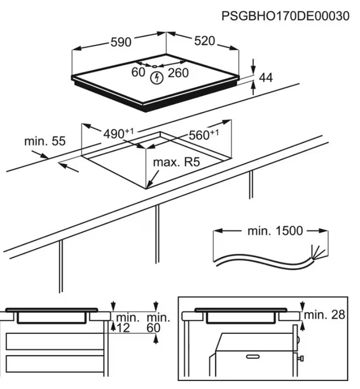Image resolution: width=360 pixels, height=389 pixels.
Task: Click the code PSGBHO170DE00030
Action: [286, 16]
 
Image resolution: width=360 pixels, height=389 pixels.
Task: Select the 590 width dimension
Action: [120, 42]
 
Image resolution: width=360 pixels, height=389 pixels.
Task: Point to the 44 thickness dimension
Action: [266, 78]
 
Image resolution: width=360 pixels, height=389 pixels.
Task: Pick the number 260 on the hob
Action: [178, 73]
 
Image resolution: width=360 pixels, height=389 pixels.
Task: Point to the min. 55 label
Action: [45, 141]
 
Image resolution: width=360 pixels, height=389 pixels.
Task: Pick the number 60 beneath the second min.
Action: [153, 328]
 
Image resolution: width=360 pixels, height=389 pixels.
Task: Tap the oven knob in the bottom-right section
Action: [300, 359]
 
